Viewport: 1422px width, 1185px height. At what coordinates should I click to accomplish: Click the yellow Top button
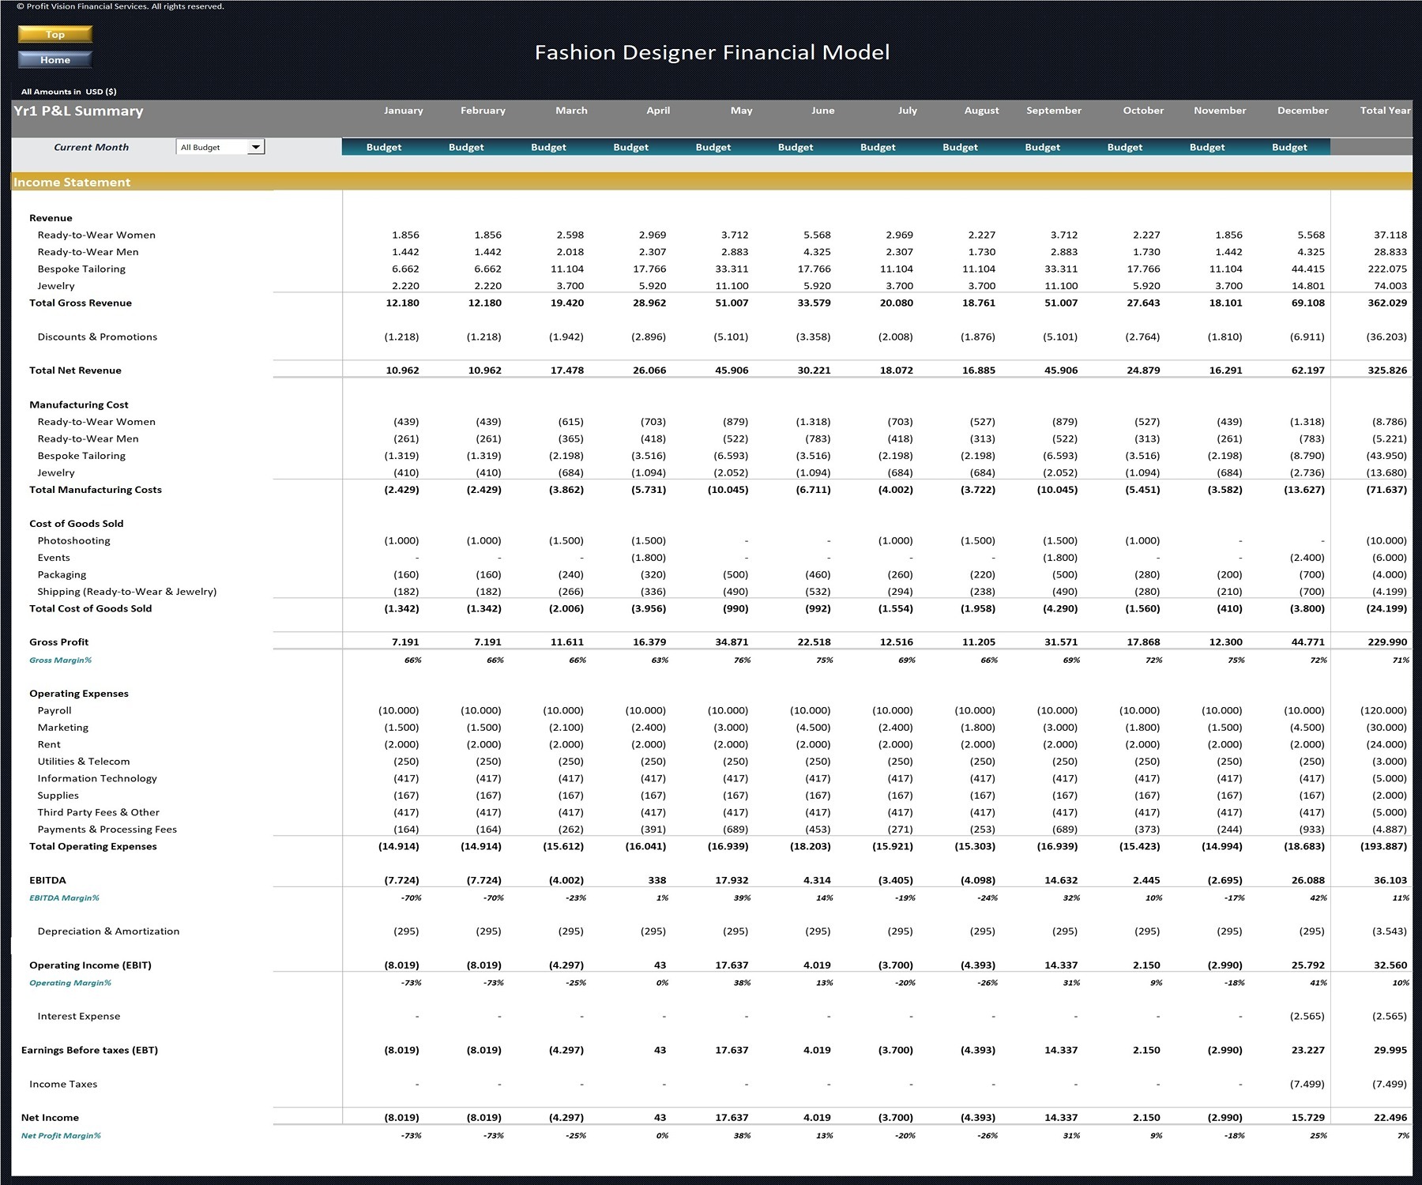pyautogui.click(x=55, y=34)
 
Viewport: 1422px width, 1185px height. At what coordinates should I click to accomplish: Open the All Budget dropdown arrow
pyautogui.click(x=256, y=147)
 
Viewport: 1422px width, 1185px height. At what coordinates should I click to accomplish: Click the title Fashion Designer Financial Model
pyautogui.click(x=712, y=52)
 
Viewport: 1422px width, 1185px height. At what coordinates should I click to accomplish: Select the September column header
pyautogui.click(x=1054, y=111)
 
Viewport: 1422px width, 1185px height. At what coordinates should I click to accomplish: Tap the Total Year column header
pyautogui.click(x=1385, y=111)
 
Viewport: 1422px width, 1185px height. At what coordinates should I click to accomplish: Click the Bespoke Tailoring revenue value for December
pyautogui.click(x=1308, y=269)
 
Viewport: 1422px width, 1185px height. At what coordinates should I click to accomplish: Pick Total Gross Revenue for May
pyautogui.click(x=732, y=303)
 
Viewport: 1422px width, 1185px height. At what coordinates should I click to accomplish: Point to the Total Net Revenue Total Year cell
pyautogui.click(x=1387, y=370)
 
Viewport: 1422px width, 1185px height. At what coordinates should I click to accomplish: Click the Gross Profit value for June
pyautogui.click(x=814, y=641)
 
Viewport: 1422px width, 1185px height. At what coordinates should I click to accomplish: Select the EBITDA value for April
pyautogui.click(x=656, y=879)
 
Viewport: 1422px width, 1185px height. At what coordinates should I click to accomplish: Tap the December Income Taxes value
pyautogui.click(x=1307, y=1084)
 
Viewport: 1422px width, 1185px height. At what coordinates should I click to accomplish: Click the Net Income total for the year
pyautogui.click(x=1390, y=1117)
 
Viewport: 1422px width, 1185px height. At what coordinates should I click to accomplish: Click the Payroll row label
pyautogui.click(x=55, y=710)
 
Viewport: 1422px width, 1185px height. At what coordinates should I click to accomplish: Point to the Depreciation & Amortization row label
pyautogui.click(x=108, y=931)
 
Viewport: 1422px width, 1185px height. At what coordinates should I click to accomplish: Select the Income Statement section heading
pyautogui.click(x=72, y=182)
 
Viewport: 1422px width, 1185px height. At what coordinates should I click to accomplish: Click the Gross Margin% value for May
pyautogui.click(x=743, y=660)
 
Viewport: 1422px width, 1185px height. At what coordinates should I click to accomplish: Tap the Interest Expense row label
pyautogui.click(x=79, y=1016)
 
